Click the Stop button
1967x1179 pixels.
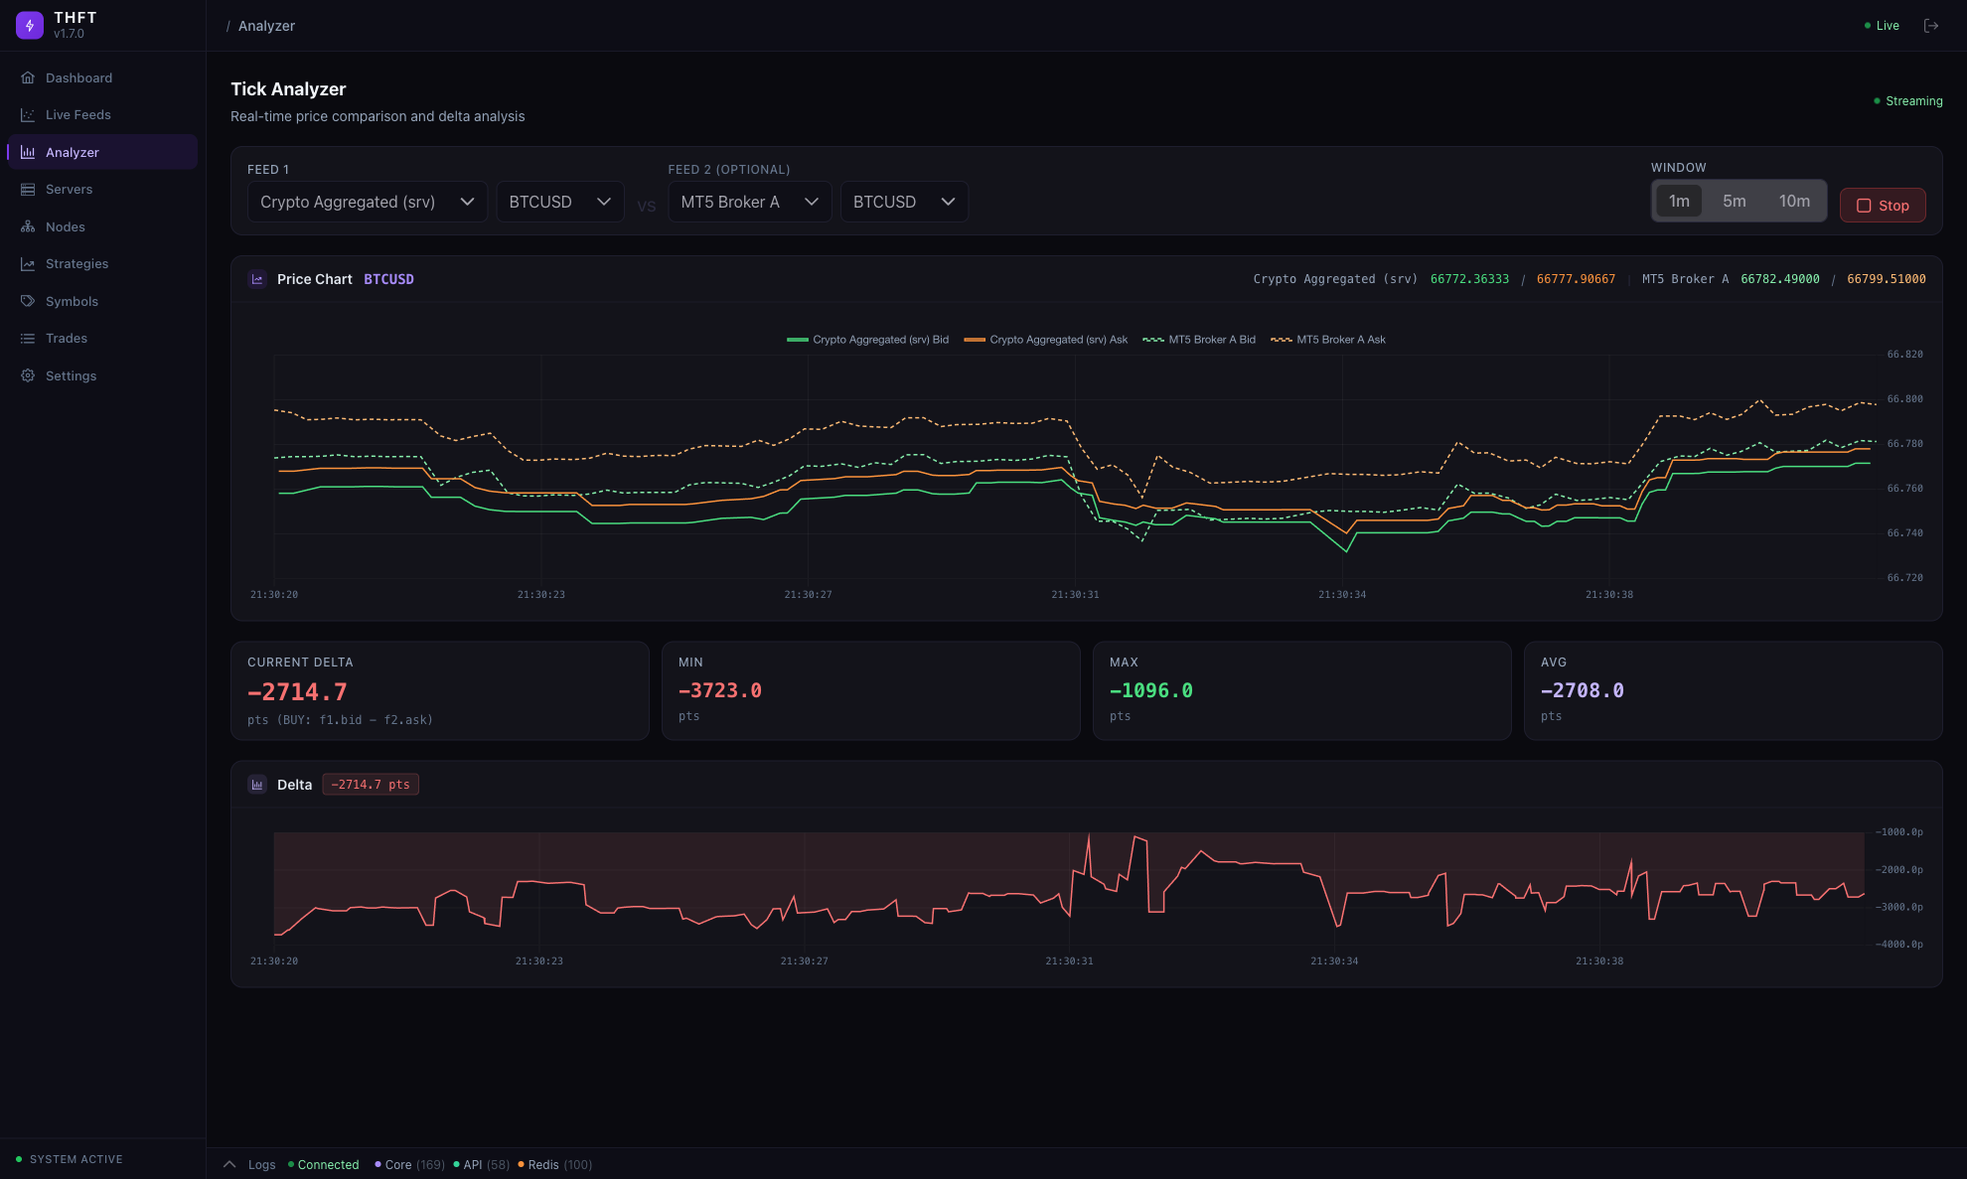click(1883, 206)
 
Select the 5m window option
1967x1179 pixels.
click(1734, 202)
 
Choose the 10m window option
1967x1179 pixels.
click(1793, 202)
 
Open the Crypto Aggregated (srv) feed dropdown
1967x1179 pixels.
click(367, 202)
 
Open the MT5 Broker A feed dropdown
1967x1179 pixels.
click(749, 202)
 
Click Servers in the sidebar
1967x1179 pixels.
click(69, 190)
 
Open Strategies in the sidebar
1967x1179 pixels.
click(76, 264)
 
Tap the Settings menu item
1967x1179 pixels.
click(71, 376)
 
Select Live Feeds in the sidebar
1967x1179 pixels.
click(77, 115)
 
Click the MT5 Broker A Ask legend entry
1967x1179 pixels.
click(1328, 340)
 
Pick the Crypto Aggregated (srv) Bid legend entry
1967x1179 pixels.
click(867, 340)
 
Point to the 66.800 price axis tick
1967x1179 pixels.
click(1904, 399)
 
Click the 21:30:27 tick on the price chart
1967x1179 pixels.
click(808, 595)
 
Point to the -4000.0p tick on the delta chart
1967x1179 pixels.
click(1899, 945)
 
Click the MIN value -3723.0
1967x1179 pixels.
click(720, 691)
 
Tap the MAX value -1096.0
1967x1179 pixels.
click(1151, 691)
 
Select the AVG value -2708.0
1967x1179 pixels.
click(1583, 691)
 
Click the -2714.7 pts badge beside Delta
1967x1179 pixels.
click(371, 785)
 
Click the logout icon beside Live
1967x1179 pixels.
click(1931, 26)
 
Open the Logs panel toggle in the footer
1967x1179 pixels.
click(250, 1165)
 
